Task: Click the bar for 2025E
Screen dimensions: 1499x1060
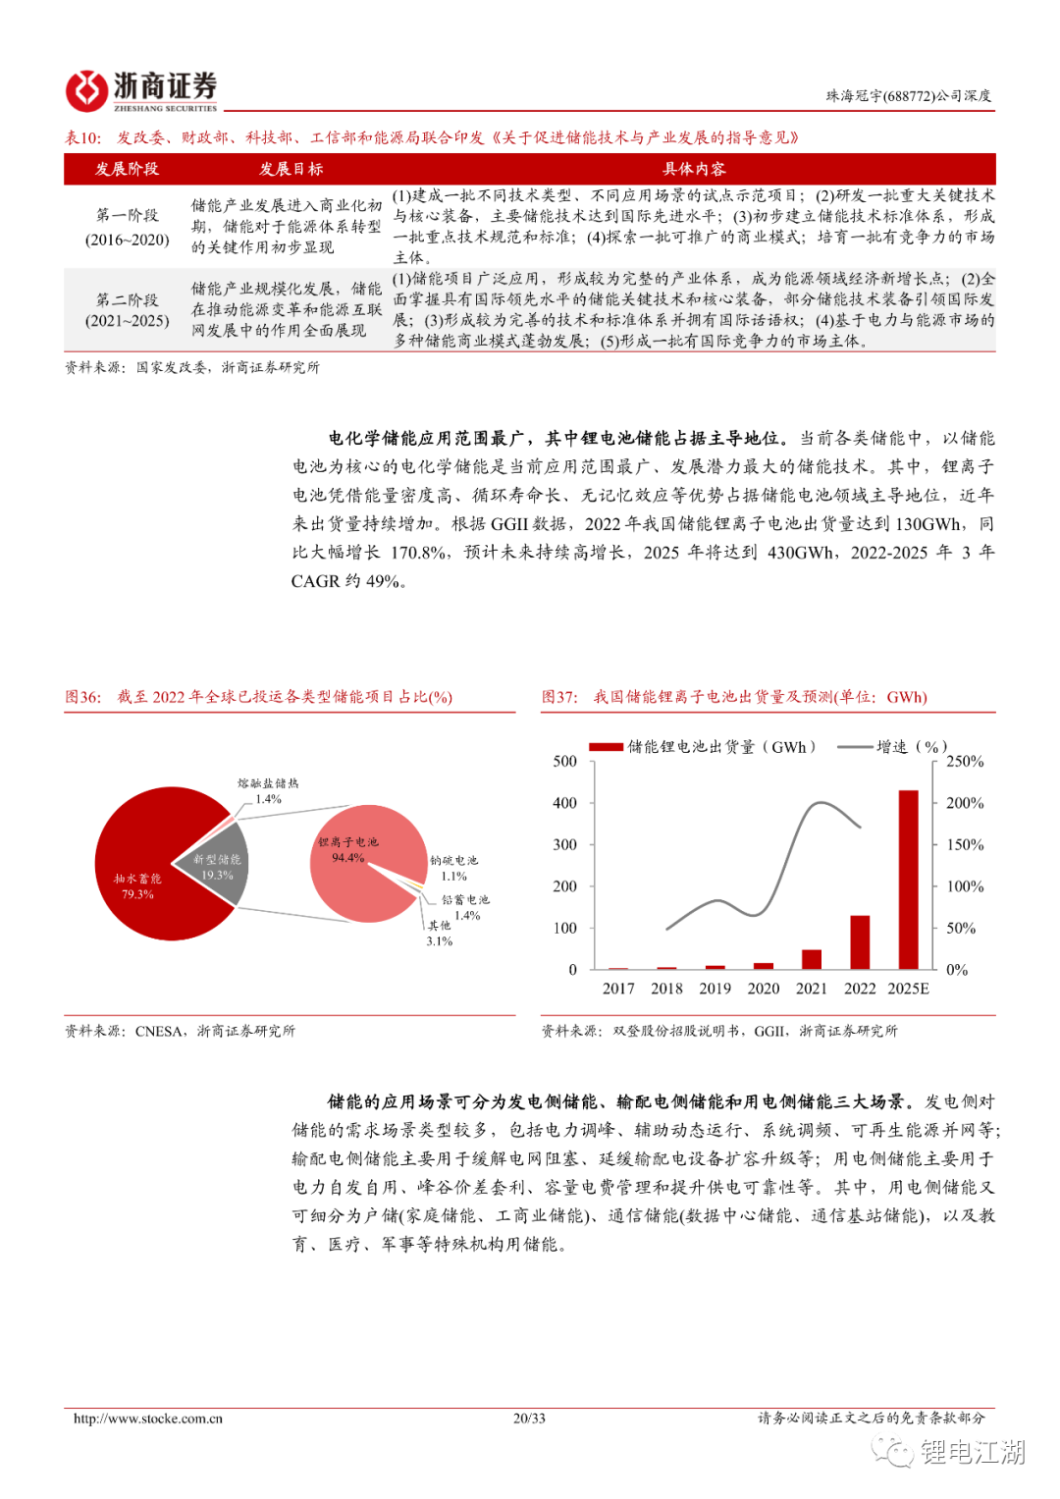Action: coord(908,880)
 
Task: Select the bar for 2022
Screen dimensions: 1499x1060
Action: coord(860,942)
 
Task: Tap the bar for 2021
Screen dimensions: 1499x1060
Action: coord(812,959)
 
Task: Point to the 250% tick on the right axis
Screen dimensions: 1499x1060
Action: coord(964,762)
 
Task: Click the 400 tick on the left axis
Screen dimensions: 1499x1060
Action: coord(565,803)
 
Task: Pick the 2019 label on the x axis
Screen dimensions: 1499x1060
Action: coord(715,989)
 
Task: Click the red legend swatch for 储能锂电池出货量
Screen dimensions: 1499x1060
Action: coord(606,747)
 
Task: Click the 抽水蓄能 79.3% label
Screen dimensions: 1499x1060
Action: coord(137,886)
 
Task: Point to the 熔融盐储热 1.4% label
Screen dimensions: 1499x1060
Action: coord(268,791)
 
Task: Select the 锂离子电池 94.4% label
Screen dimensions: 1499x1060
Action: coord(347,850)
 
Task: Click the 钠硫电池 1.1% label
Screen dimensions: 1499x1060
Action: coord(454,868)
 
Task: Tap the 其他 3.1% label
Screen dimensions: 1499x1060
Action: coord(439,933)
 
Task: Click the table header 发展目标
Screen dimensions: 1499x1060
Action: coord(291,169)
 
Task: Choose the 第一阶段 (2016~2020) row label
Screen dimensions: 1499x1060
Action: coord(127,227)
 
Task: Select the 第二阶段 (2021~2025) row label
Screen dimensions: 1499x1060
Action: coord(127,310)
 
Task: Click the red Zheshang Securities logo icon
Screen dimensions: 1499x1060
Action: coord(86,90)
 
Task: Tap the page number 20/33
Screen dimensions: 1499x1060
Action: coord(529,1418)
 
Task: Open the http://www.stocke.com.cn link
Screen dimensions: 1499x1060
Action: coord(148,1418)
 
